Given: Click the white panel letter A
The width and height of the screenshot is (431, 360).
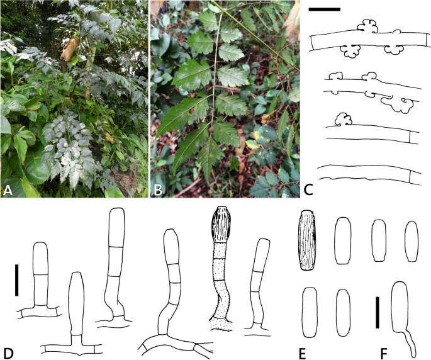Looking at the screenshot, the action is coord(8,190).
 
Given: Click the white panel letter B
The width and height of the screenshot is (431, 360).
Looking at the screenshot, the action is coord(158,190).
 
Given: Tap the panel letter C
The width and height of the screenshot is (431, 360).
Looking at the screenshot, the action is coord(309,190).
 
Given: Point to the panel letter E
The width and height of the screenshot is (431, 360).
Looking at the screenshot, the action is coord(303,354).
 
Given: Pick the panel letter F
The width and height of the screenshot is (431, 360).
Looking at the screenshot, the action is coord(384,354).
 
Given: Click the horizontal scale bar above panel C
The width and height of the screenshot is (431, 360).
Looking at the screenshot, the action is coord(324,9).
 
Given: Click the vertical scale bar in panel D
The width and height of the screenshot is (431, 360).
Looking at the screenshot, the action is coord(17,280).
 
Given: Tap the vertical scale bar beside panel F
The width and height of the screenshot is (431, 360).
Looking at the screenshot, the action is coord(378,312).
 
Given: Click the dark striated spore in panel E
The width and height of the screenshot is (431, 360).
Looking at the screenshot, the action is coord(307,240).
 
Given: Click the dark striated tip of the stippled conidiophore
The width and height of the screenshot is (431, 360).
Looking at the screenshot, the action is coord(221,224).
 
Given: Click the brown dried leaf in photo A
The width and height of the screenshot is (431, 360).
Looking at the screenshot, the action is coord(70,49).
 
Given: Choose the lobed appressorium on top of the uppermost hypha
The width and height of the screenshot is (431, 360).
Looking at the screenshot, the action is coord(367,26).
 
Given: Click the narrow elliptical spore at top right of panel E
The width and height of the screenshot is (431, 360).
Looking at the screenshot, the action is coord(411,241).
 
